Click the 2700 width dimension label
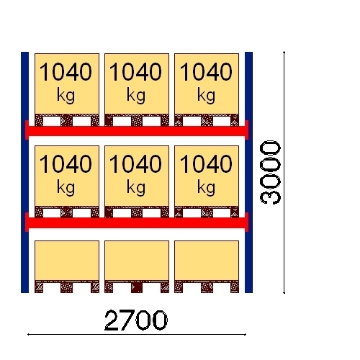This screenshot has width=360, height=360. [136, 320]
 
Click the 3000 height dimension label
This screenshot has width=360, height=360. [270, 172]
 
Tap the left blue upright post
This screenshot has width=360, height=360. [24, 172]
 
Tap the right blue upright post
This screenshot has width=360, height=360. [248, 172]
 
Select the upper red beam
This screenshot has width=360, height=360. [137, 130]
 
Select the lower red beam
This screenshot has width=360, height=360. [137, 222]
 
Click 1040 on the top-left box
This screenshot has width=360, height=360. [66, 71]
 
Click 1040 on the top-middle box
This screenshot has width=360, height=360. [135, 71]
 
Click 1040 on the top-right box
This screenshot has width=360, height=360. [206, 71]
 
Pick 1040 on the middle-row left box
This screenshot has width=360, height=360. [66, 163]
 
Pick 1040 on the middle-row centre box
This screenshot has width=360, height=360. [135, 163]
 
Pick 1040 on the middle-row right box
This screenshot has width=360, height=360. [206, 163]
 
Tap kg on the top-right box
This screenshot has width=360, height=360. [206, 96]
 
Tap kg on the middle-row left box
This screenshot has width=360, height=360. [66, 188]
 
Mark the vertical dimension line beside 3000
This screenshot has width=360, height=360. [284, 172]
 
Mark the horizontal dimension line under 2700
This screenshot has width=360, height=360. [137, 334]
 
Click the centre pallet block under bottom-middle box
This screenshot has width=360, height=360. [137, 287]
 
